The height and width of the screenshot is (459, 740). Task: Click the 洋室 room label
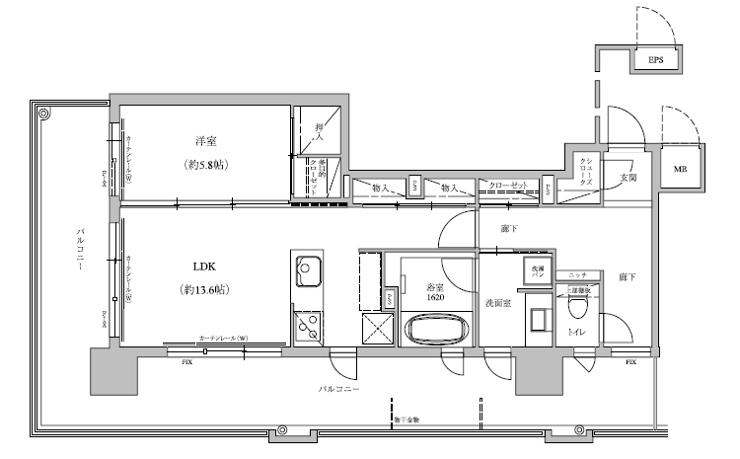click(x=205, y=141)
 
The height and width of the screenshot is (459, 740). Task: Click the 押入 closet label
click(x=319, y=129)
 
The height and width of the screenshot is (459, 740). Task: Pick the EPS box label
click(x=655, y=61)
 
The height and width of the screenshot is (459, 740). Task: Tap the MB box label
click(x=681, y=169)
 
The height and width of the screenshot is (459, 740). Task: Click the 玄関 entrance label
click(x=629, y=177)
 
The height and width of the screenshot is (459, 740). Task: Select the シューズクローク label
click(x=586, y=172)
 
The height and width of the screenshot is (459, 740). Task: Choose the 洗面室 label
click(x=497, y=304)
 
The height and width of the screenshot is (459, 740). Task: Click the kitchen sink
click(x=306, y=269)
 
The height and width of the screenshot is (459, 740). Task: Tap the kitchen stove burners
click(x=306, y=323)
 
